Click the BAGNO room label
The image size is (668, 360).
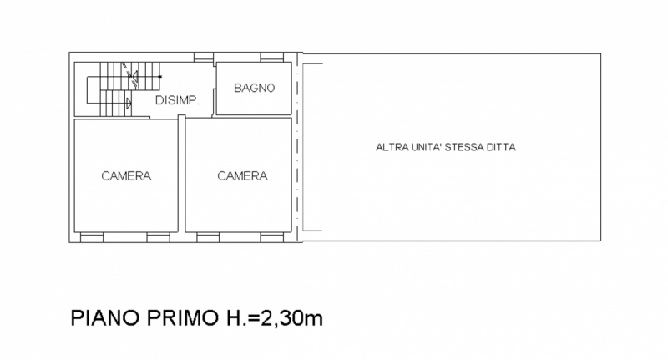click(254, 88)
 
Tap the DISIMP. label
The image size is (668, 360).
click(177, 100)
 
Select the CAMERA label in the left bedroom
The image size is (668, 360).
click(126, 176)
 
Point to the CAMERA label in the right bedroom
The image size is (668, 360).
click(242, 176)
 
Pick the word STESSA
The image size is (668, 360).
click(469, 148)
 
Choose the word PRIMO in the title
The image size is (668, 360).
click(176, 320)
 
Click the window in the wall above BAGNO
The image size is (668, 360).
click(270, 58)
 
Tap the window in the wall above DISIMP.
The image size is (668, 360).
click(204, 58)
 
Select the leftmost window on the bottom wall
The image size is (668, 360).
click(90, 238)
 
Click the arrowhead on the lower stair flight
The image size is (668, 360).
click(128, 104)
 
